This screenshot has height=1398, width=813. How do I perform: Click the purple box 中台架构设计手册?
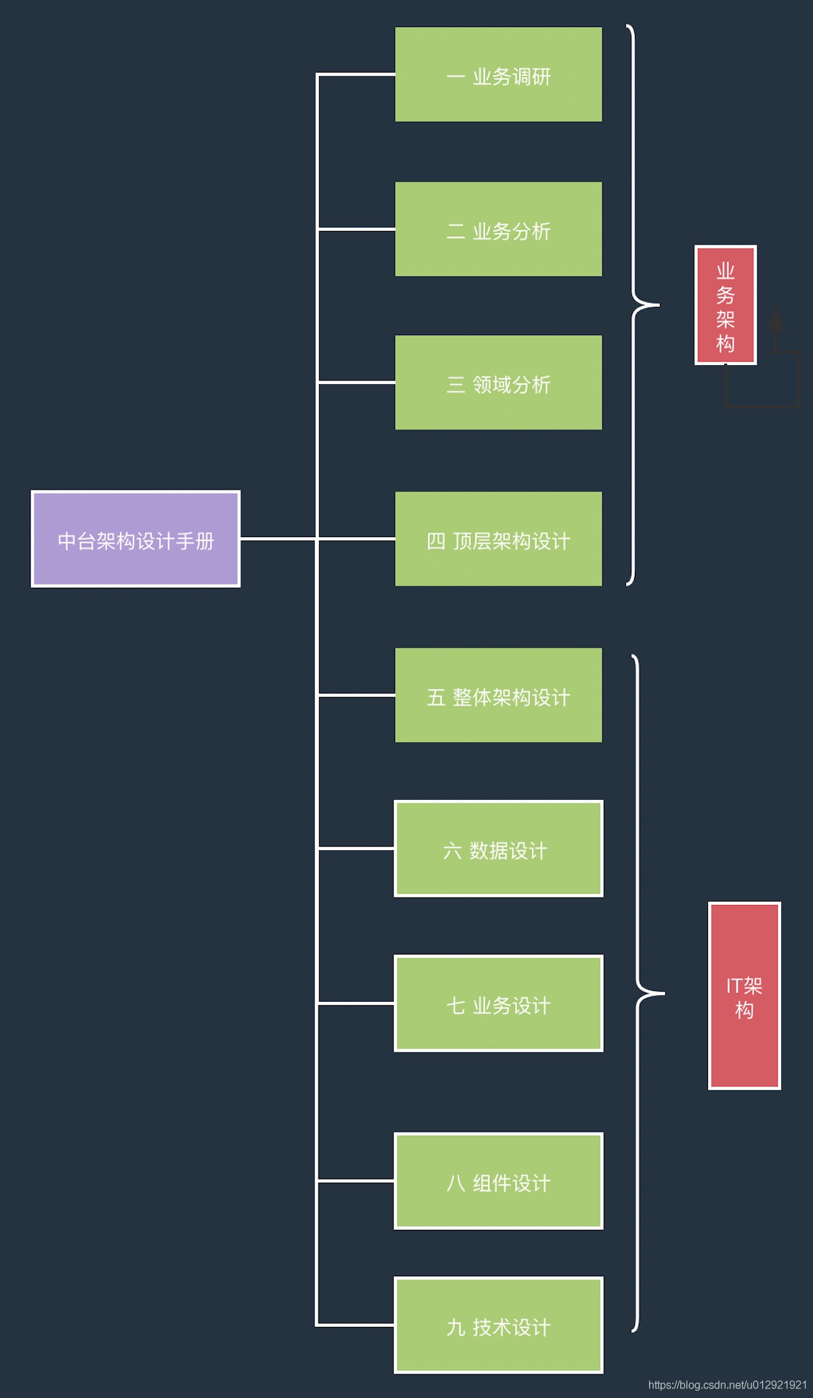tap(135, 539)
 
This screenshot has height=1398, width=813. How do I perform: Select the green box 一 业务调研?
tap(498, 75)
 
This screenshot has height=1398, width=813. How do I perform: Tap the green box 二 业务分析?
tap(498, 229)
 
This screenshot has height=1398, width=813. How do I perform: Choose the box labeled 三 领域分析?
tap(498, 383)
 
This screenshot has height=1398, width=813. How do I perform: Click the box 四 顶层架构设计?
tap(498, 539)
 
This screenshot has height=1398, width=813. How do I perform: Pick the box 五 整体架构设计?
tap(498, 696)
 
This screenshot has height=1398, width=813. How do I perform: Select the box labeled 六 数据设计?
tap(498, 849)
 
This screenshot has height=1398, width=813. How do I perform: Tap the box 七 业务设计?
tap(498, 1003)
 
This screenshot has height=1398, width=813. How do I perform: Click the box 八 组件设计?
tap(498, 1181)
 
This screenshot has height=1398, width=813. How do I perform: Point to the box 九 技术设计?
tap(498, 1325)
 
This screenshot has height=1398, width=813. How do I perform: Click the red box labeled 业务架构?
tap(725, 305)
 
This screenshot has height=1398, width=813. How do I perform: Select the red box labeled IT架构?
tap(744, 996)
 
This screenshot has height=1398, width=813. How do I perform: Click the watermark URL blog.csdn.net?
tap(727, 1385)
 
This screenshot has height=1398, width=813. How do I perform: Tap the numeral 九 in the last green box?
tap(455, 1328)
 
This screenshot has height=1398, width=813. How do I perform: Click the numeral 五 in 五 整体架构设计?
tap(436, 698)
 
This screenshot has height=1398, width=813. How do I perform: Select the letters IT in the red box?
tap(734, 986)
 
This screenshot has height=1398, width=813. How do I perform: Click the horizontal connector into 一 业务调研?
tap(356, 75)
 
